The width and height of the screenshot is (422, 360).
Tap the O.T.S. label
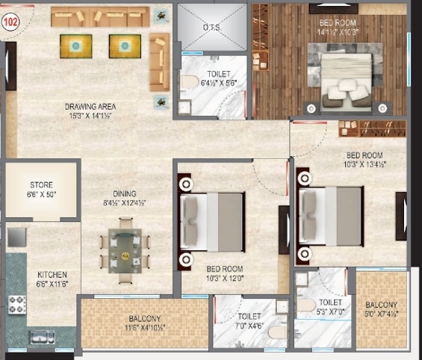[x=213, y=28]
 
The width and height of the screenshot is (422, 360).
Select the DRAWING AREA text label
[x=90, y=111]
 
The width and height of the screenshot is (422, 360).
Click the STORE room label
[x=41, y=189]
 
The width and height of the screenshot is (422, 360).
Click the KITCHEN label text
[x=52, y=279]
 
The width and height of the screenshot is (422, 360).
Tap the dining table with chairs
[x=125, y=250]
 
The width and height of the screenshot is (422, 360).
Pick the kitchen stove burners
[x=16, y=305]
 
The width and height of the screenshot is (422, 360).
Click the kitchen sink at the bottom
[x=43, y=337]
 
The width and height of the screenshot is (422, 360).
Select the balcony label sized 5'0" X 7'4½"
[x=381, y=309]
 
